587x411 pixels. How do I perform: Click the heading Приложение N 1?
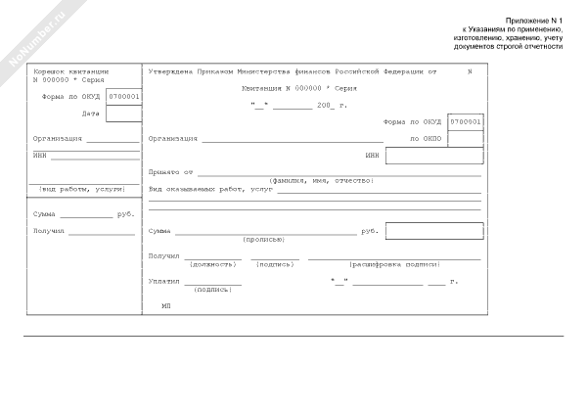(x=535, y=20)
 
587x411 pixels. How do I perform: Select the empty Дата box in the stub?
(x=122, y=114)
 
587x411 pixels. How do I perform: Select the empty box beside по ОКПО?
(x=465, y=139)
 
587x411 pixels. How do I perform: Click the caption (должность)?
(x=212, y=264)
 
